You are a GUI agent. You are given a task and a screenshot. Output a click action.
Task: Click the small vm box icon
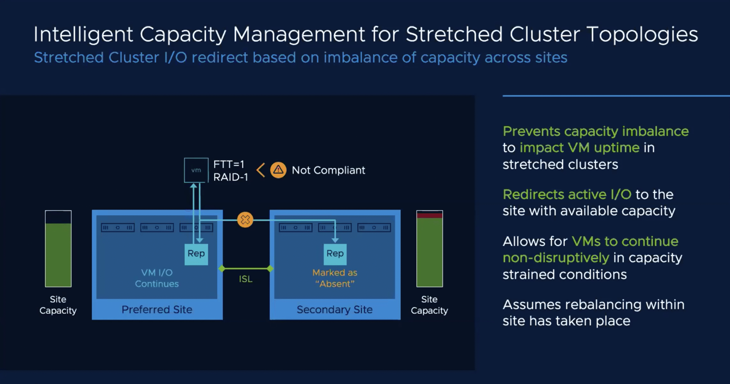point(196,170)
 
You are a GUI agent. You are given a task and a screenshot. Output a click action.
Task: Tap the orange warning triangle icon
point(278,170)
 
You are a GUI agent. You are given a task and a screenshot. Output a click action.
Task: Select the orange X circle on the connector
point(245,220)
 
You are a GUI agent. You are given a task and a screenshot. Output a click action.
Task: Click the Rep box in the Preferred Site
point(196,254)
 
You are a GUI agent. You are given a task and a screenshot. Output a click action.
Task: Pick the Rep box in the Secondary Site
point(335,254)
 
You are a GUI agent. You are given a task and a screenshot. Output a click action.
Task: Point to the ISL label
point(246,279)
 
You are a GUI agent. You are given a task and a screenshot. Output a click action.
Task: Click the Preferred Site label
point(157,310)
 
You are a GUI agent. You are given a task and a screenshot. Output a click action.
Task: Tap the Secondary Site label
point(334,310)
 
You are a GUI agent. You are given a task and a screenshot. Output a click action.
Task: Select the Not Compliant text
point(328,170)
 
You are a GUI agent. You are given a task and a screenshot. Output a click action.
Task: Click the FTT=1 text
point(229,164)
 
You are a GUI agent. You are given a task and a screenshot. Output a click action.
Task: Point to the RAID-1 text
point(231,177)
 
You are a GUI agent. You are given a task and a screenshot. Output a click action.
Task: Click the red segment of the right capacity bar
point(429,216)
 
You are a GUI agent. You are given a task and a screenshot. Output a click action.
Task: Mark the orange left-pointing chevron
point(261,170)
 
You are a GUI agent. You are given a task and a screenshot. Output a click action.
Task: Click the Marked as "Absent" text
point(335,278)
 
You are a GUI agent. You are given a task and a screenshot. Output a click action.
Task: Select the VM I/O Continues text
point(157,278)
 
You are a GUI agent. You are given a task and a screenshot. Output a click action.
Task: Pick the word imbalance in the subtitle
point(360,58)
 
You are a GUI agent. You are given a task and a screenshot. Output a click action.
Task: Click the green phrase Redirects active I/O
point(567,195)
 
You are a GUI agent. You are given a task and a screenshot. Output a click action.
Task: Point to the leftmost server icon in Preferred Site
point(117,227)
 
